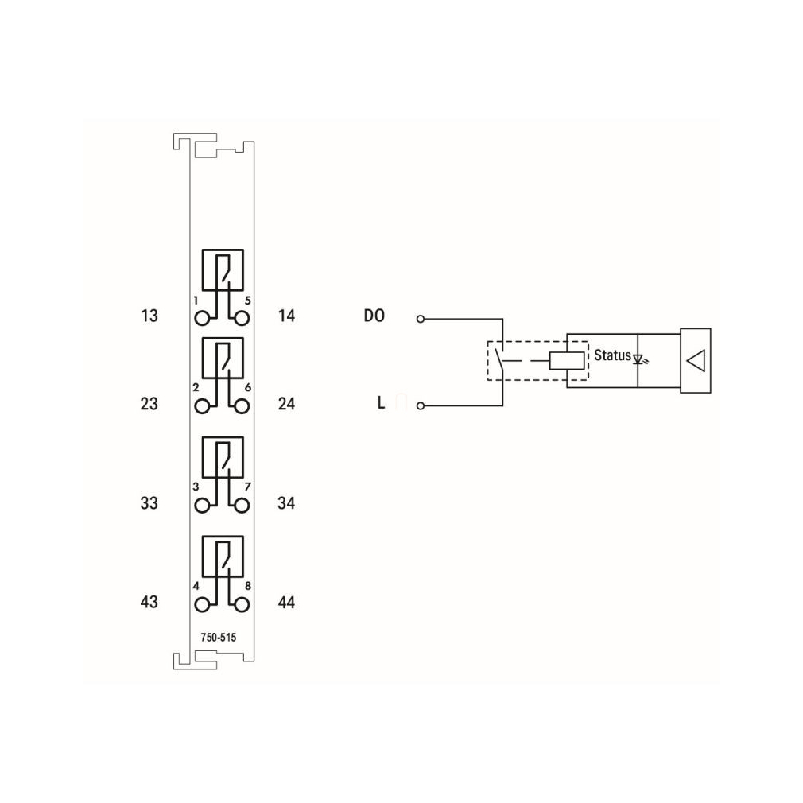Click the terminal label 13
(x=149, y=316)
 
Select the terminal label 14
(x=286, y=316)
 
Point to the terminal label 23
(x=149, y=404)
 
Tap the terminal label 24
(x=286, y=404)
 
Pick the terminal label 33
(x=149, y=503)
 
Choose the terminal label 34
(x=286, y=503)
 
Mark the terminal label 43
(x=149, y=603)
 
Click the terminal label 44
(x=286, y=603)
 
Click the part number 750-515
(x=219, y=638)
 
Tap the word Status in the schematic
(x=612, y=355)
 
